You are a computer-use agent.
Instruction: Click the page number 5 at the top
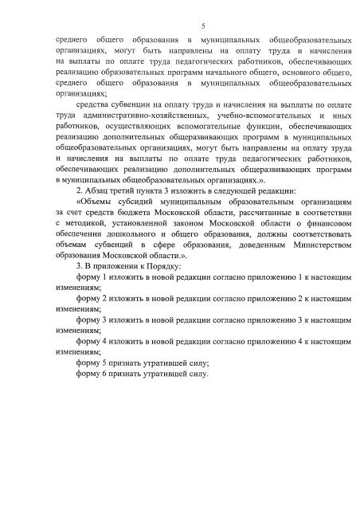pyautogui.click(x=180, y=25)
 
